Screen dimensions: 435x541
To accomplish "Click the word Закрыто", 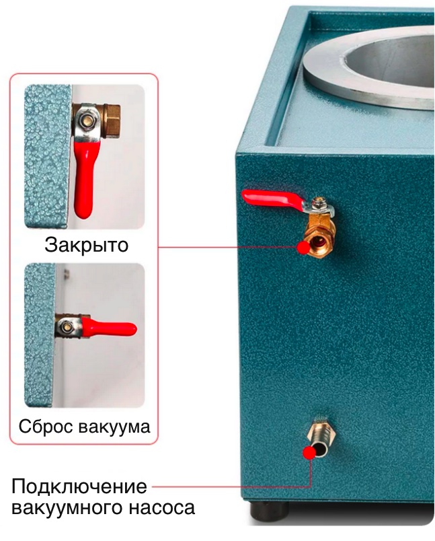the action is pos(86,245).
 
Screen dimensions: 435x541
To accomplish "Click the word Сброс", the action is pos(46,426).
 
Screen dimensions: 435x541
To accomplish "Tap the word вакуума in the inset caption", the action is pos(114,427).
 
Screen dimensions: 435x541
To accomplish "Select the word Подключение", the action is pos(79,486).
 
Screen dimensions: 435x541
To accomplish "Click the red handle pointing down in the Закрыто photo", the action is pos(85,180).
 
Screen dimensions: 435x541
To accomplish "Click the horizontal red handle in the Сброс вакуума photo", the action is pos(110,328).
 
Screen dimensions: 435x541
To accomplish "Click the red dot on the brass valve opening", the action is pos(304,248).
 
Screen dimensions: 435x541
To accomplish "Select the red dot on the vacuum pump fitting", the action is pos(309,452).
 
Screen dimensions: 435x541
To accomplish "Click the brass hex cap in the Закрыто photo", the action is pos(112,121).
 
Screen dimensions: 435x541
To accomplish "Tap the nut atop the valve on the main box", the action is pos(319,203).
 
